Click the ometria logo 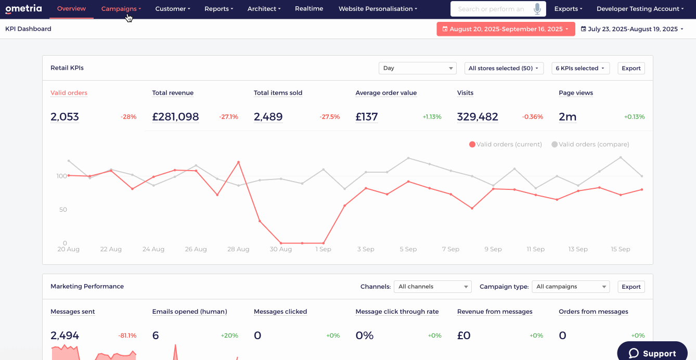23,9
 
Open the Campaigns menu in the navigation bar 121,9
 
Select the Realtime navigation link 309,9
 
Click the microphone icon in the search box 537,9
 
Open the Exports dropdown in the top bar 568,9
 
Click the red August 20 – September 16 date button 506,29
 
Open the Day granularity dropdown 417,68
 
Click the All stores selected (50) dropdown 504,68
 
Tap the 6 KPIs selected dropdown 581,68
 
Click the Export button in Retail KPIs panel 631,68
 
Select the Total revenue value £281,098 175,117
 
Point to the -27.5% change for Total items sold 330,117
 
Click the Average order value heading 386,93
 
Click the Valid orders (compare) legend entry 590,145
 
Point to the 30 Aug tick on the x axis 280,249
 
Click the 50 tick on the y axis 63,210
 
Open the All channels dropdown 432,286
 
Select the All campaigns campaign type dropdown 571,286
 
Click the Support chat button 652,353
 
